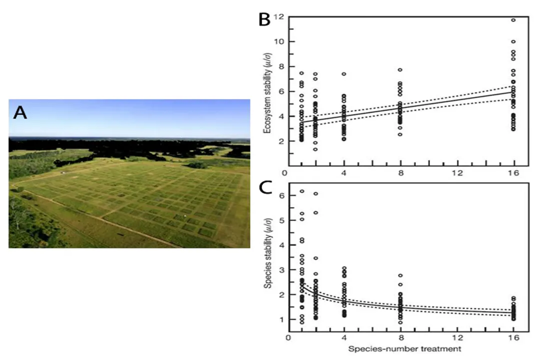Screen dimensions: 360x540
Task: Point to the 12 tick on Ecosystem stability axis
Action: coord(278,16)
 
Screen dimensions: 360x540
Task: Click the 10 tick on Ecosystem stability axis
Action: coord(278,41)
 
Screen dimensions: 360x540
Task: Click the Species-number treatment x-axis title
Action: coord(404,348)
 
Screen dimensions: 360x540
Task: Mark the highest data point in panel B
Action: coord(513,20)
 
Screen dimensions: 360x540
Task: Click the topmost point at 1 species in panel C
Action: coord(301,191)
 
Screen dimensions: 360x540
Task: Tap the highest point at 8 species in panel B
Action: coord(400,70)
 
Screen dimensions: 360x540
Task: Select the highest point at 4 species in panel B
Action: coord(344,74)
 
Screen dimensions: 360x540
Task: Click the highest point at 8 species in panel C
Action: coord(400,275)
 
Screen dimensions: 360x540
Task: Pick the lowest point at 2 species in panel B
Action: coord(315,149)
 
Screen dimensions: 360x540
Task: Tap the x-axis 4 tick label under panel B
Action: coord(344,173)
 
